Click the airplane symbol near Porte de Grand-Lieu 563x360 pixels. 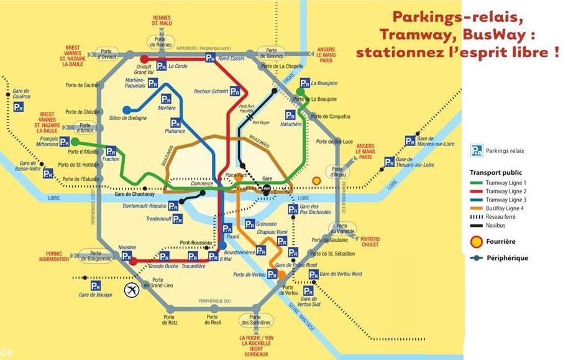click(132, 289)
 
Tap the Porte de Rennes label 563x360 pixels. click(160, 42)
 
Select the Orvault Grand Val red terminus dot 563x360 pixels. click(144, 59)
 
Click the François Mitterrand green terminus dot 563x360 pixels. click(75, 142)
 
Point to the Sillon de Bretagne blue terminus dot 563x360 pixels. click(127, 110)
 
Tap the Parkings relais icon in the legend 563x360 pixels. click(477, 150)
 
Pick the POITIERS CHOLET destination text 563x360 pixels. click(370, 241)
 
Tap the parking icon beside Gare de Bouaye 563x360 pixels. click(96, 285)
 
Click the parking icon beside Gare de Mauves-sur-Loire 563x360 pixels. click(410, 141)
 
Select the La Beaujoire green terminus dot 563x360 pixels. click(300, 91)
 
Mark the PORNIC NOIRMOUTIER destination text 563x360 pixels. click(61, 257)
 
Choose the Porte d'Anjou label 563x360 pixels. click(338, 172)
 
